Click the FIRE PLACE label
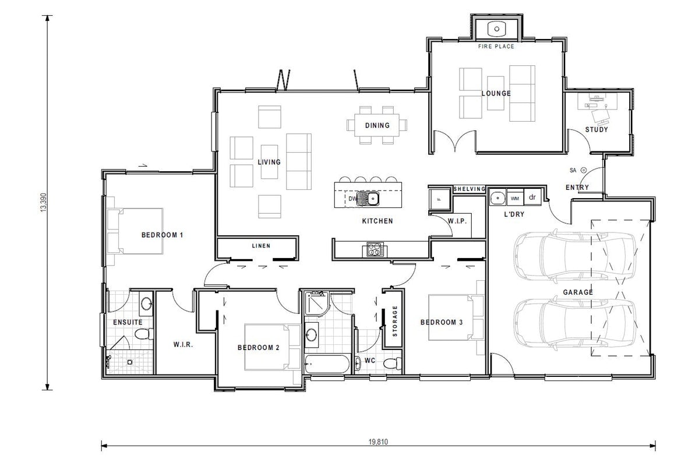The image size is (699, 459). tap(496, 47)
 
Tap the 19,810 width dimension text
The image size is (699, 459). tap(378, 442)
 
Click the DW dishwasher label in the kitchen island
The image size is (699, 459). tap(352, 199)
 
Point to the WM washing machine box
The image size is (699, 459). tap(515, 199)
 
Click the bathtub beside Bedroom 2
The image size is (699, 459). tap(326, 365)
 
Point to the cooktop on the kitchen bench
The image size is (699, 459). tap(373, 250)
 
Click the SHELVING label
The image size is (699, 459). tap(469, 189)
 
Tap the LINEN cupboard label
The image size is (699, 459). tap(261, 246)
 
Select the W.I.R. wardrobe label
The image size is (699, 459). tap(183, 344)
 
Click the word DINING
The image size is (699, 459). tap(377, 125)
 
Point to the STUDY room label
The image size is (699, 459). tap(596, 129)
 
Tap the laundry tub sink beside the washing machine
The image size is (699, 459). tap(497, 198)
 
